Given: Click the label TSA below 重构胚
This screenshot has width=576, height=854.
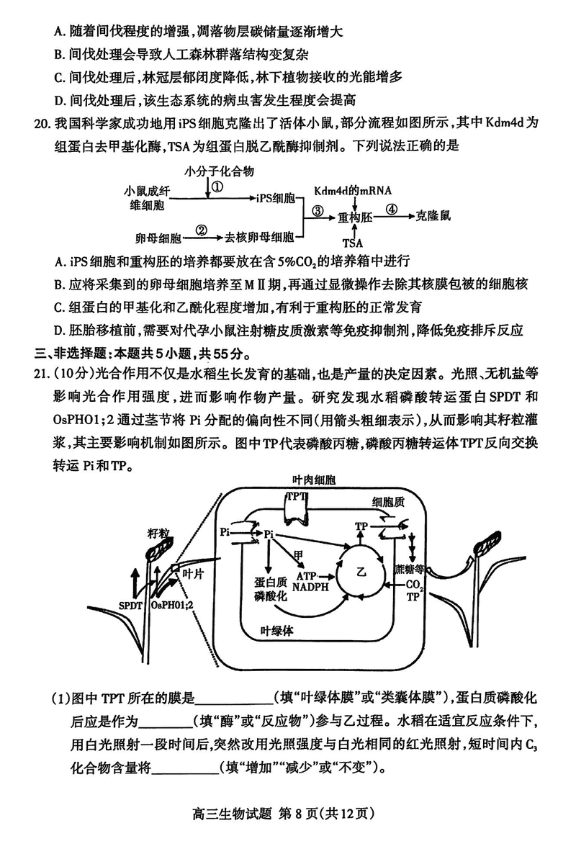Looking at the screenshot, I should [x=353, y=243].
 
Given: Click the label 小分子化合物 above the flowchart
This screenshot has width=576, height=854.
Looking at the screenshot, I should [x=219, y=171].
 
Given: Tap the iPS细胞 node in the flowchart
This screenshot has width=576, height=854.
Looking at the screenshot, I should [x=275, y=197].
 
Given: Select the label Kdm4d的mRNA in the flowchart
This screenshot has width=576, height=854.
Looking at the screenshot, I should [x=353, y=191].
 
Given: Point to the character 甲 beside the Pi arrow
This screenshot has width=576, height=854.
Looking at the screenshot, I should [x=297, y=553].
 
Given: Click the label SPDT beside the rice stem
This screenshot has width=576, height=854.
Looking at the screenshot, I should [x=130, y=607].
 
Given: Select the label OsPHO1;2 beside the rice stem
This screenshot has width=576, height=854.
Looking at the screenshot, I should [x=172, y=607].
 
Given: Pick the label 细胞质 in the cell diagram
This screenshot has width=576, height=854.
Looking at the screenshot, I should [x=388, y=501].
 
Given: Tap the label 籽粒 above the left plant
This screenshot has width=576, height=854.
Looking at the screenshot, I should [x=158, y=532].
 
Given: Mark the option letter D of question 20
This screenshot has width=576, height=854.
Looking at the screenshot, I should [x=58, y=331].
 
